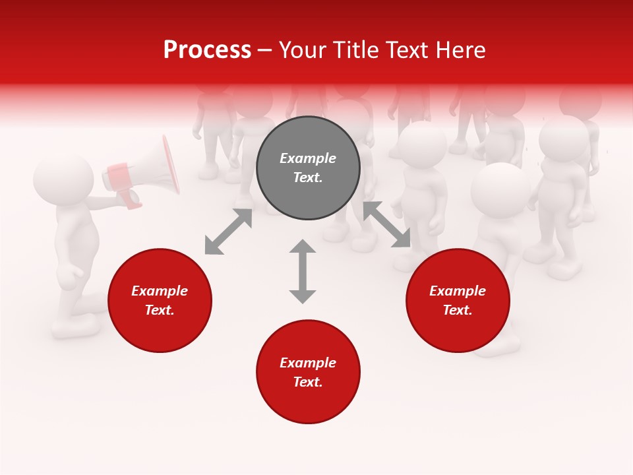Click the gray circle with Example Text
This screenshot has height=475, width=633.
[x=308, y=168]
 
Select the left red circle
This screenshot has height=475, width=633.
[x=160, y=301]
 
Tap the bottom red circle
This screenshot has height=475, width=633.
[x=308, y=372]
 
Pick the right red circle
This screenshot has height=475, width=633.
[x=458, y=301]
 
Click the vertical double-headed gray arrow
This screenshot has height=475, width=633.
[x=303, y=271]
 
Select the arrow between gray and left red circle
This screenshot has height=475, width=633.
[x=228, y=232]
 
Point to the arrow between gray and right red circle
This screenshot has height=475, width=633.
[x=387, y=224]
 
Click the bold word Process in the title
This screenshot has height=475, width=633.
[x=207, y=49]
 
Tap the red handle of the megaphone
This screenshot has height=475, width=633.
[x=129, y=199]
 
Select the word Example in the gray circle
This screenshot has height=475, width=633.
[x=308, y=158]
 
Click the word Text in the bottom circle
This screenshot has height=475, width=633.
[x=307, y=382]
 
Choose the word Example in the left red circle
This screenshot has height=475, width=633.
[x=160, y=291]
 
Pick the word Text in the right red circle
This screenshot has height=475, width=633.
[x=457, y=310]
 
